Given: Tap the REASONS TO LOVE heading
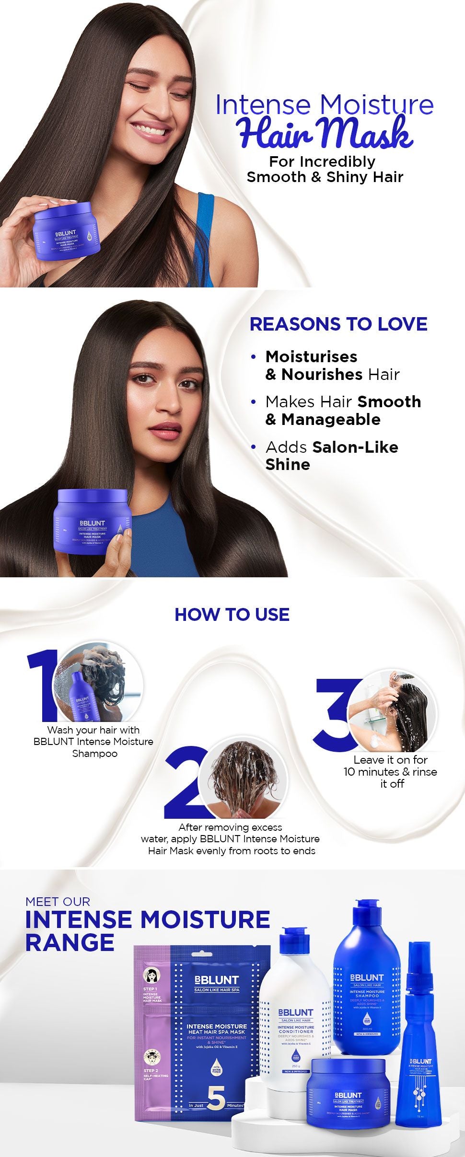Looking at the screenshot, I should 338,324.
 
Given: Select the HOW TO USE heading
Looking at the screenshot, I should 232,614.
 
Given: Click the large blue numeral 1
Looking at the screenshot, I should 43,685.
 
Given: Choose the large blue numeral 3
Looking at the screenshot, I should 336,714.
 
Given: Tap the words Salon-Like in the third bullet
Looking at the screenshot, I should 355,447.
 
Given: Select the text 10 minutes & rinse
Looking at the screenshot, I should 390,772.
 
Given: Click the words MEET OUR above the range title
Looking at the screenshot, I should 58,901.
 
